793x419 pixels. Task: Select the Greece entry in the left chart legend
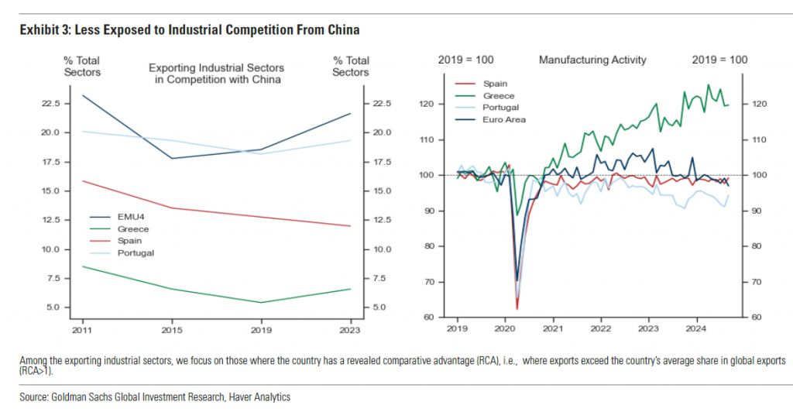click(x=133, y=229)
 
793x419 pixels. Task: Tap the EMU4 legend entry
click(x=131, y=218)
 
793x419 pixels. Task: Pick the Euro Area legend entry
click(x=504, y=120)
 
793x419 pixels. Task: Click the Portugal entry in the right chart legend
click(x=500, y=108)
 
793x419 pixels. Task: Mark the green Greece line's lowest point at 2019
click(x=261, y=303)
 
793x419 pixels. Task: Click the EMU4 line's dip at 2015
click(x=171, y=158)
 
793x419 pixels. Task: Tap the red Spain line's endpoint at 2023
click(x=351, y=226)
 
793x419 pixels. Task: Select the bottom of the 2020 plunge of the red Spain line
click(x=517, y=309)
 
